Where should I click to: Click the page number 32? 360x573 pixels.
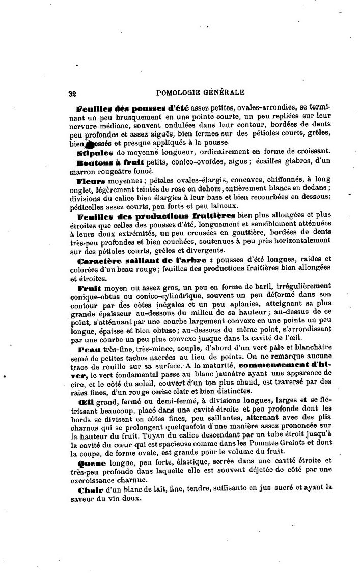pos(72,93)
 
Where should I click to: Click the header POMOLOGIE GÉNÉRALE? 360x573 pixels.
pos(201,92)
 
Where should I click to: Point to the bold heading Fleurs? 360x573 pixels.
pos(91,180)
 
